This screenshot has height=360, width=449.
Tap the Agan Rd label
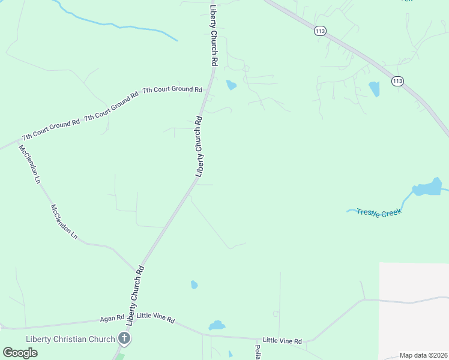pos(112,317)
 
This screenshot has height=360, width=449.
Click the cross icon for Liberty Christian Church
pos(124,338)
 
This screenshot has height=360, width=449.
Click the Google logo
pos(20,353)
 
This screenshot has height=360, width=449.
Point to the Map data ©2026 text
pos(423,355)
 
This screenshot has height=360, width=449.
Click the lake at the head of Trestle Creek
pos(427,189)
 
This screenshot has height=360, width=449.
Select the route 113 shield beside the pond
pos(397,81)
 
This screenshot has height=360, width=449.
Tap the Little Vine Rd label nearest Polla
pos(282,340)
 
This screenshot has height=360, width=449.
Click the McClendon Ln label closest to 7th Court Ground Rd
pos(29,164)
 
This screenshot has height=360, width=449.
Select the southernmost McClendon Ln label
pos(64,222)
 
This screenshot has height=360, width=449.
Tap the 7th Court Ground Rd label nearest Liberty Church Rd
pos(172,90)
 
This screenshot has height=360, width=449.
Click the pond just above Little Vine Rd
pos(217,326)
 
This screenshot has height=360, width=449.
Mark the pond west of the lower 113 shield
pos(375,89)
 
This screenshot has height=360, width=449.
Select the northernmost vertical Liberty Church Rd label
pos(213,36)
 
